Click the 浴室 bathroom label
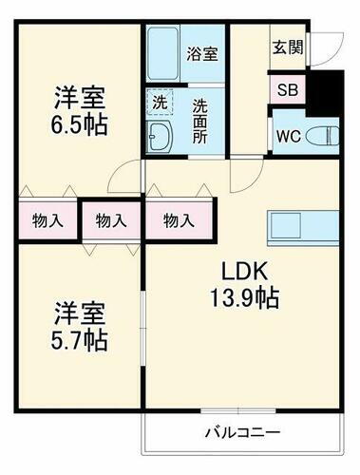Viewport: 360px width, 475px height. tap(201, 53)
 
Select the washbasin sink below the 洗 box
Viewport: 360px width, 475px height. tap(160, 136)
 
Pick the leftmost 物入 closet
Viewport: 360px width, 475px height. tap(47, 221)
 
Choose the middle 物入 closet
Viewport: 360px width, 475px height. tap(111, 221)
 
